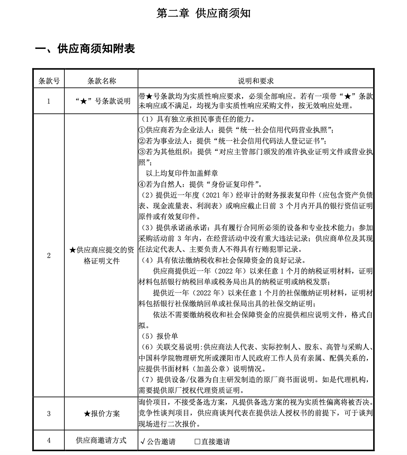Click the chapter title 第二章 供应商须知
pos(203,14)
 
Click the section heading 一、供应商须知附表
pos(85,49)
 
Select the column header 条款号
pos(48,81)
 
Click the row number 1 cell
pos(48,101)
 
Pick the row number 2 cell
pos(48,256)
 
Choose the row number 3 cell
pos(48,413)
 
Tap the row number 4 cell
pos(48,440)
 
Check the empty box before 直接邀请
pos(197,441)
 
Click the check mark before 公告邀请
pos(143,441)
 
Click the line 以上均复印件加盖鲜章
pos(182,173)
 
